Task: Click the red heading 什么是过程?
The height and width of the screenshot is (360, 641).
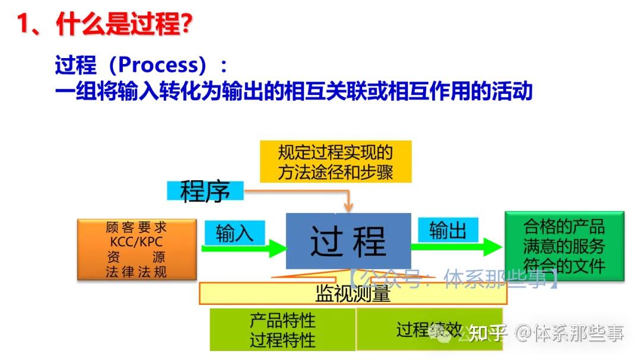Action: pos(125,25)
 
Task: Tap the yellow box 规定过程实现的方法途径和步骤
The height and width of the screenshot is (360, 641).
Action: pos(335,162)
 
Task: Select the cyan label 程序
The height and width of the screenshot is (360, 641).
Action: pos(205,191)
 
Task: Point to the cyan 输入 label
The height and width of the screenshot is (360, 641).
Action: pos(234,232)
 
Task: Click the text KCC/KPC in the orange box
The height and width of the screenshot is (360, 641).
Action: pos(137,243)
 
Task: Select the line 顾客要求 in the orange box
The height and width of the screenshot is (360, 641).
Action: pos(137,228)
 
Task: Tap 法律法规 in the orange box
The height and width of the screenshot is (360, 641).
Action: pos(137,272)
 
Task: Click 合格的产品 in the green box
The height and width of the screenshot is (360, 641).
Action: pos(564,226)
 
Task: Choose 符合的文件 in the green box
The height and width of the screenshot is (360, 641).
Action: pos(564,265)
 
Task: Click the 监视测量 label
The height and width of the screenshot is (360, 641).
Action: pos(353,294)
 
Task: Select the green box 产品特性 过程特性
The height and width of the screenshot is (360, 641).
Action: pos(283,330)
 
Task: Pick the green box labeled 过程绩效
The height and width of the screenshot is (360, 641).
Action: pos(429,329)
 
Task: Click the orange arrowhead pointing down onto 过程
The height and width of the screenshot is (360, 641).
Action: pos(348,206)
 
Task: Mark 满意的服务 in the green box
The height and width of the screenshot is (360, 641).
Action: pos(564,246)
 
